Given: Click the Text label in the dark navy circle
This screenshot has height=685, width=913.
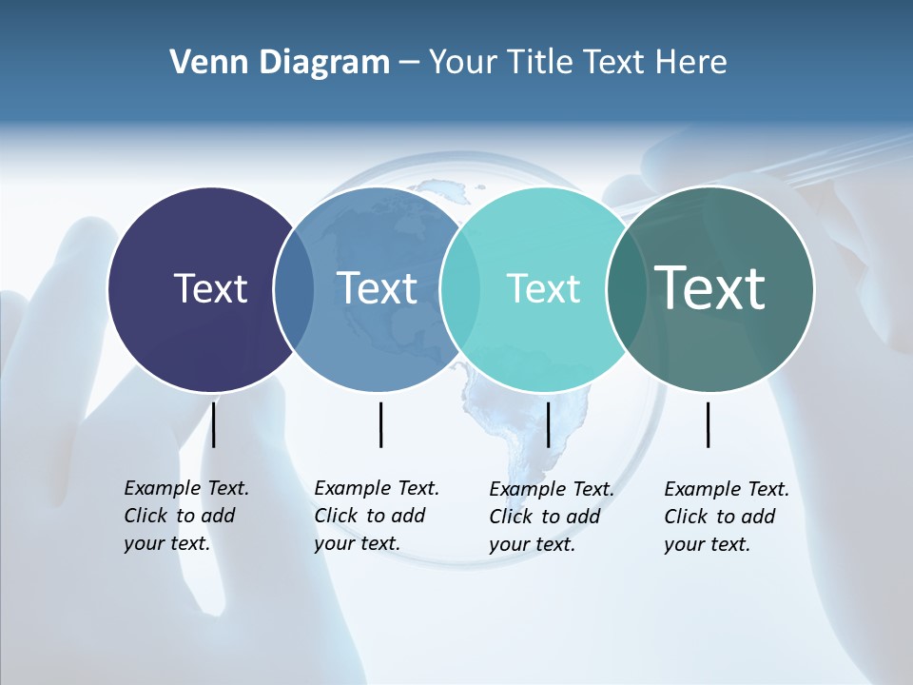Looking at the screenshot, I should click(x=210, y=288).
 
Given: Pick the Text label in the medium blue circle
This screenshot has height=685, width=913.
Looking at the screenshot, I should click(x=377, y=288).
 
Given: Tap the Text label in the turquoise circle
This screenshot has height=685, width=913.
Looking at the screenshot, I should click(x=543, y=288).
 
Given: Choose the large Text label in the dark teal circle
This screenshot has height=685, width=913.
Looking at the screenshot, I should click(x=710, y=287).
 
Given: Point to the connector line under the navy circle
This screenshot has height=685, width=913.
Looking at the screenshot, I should click(x=214, y=424).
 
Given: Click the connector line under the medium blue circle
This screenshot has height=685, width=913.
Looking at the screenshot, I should click(x=380, y=424).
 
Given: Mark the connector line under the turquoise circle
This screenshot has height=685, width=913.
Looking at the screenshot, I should click(x=548, y=424).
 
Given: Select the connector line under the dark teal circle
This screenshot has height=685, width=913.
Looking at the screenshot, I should click(x=709, y=424).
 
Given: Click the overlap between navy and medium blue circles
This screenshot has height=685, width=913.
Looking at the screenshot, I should click(x=294, y=289).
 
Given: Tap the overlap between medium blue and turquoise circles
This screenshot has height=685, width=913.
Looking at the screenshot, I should click(x=460, y=289).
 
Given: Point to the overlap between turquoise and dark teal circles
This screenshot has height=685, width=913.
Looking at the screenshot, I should click(x=626, y=289).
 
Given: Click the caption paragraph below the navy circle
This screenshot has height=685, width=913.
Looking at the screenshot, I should click(x=186, y=516).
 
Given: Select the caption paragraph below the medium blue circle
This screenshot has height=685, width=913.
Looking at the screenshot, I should click(x=377, y=516).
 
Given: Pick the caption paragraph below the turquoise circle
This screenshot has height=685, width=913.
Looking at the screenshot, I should click(x=552, y=517).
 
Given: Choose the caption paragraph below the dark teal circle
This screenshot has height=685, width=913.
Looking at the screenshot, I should click(x=727, y=517).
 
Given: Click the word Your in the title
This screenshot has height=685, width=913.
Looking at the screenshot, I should click(x=464, y=63).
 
